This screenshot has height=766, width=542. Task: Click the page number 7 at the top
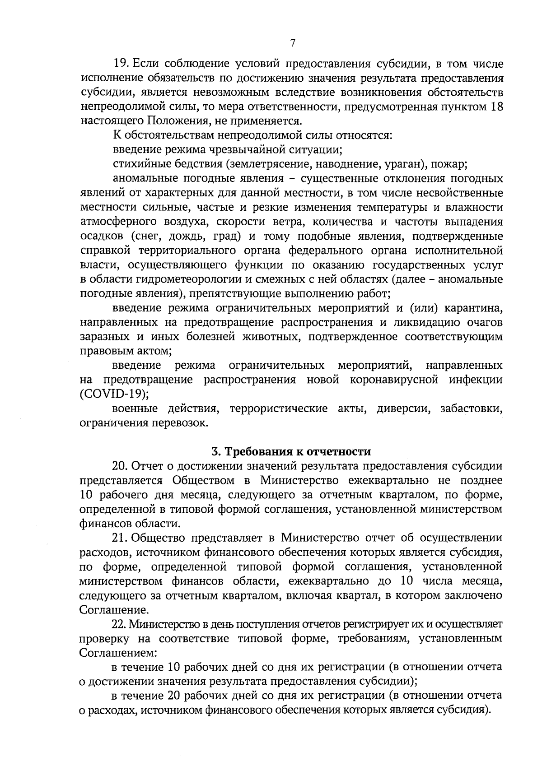point(292,43)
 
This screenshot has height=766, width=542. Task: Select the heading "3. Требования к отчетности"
point(291,451)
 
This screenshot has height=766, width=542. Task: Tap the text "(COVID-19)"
point(114,394)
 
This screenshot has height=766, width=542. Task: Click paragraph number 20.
point(121,466)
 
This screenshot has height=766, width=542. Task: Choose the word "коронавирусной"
point(394,380)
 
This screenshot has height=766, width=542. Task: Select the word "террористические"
point(278,409)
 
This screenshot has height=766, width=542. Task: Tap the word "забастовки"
point(472,409)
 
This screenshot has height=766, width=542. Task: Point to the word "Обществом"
point(210,480)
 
